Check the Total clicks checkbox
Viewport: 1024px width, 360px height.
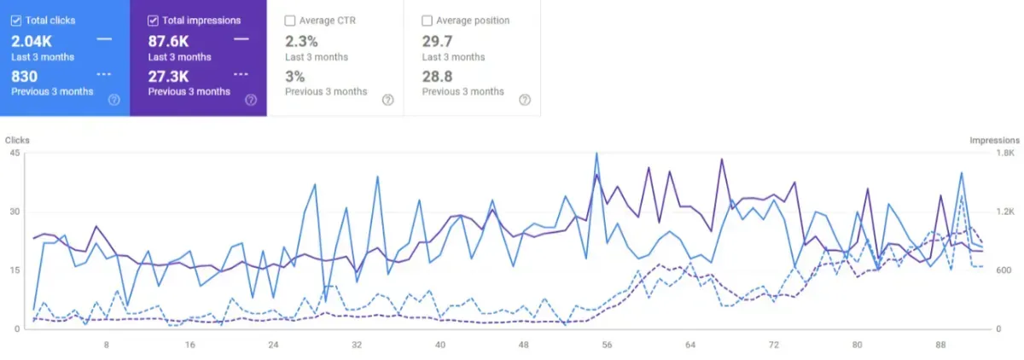tap(16, 20)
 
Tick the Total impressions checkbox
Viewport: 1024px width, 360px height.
tap(153, 20)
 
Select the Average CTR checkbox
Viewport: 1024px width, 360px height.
tap(290, 20)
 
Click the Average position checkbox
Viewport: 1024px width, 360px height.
tap(427, 20)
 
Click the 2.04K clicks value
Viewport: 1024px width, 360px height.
tap(31, 40)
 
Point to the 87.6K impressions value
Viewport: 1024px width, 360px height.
tap(168, 40)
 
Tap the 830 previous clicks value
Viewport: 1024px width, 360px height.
tap(24, 75)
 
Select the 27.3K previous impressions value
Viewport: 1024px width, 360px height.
tap(168, 75)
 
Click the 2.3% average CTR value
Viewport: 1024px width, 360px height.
tap(300, 40)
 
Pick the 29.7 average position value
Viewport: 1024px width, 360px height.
tap(436, 40)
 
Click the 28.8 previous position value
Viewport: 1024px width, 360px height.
tap(437, 75)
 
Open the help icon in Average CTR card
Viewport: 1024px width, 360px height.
tap(387, 100)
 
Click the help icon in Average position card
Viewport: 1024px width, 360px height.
tap(524, 100)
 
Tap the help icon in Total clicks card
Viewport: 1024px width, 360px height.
tap(114, 100)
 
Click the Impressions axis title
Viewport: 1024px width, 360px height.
tap(994, 140)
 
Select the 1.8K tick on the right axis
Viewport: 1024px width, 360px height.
tap(1005, 154)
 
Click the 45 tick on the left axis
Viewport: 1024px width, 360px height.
tap(15, 154)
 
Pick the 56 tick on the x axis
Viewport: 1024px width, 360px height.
tap(607, 345)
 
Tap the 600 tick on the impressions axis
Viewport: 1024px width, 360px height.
tap(1004, 270)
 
